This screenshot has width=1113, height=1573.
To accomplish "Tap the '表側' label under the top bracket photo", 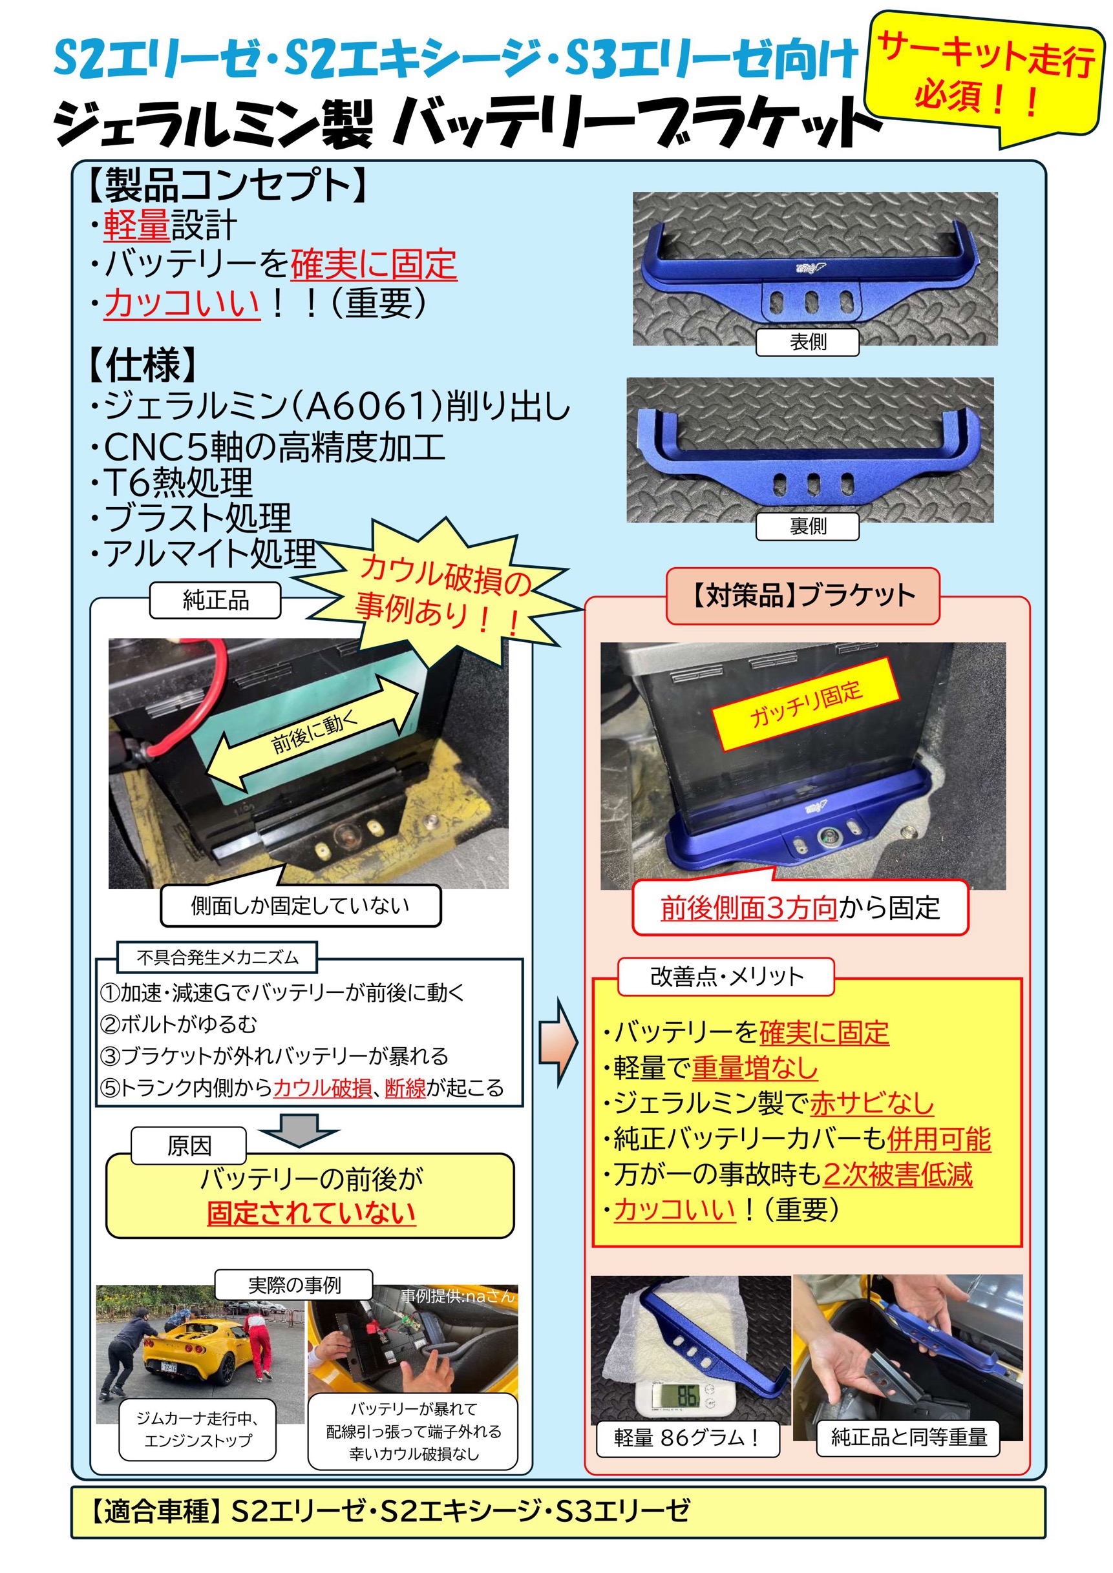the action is pyautogui.click(x=807, y=342).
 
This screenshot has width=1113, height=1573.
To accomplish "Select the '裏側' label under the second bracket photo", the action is pyautogui.click(x=807, y=526).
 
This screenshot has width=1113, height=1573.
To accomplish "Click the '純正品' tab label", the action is pyautogui.click(x=215, y=600).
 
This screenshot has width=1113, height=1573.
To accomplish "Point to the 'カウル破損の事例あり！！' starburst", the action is pyautogui.click(x=439, y=593).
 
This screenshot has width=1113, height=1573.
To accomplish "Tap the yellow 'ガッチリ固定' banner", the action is pyautogui.click(x=806, y=704).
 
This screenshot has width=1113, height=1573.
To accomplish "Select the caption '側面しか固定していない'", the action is pyautogui.click(x=300, y=906).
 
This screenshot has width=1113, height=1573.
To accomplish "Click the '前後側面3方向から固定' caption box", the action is pyautogui.click(x=800, y=908).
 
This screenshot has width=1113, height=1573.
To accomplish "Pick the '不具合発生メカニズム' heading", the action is pyautogui.click(x=217, y=957).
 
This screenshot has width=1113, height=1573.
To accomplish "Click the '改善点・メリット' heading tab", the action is pyautogui.click(x=726, y=976).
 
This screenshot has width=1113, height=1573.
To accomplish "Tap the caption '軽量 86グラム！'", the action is pyautogui.click(x=688, y=1437).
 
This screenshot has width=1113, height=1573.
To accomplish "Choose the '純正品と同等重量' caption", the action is pyautogui.click(x=909, y=1437).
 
